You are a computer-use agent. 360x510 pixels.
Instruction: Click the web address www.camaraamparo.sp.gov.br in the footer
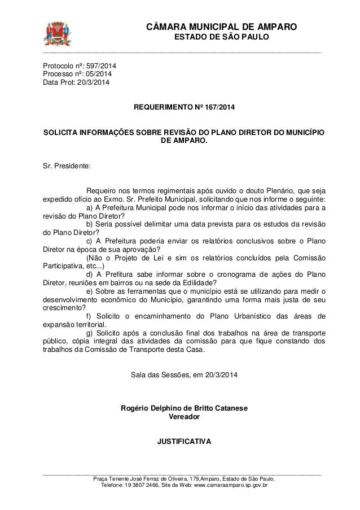pyautogui.click(x=225, y=485)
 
